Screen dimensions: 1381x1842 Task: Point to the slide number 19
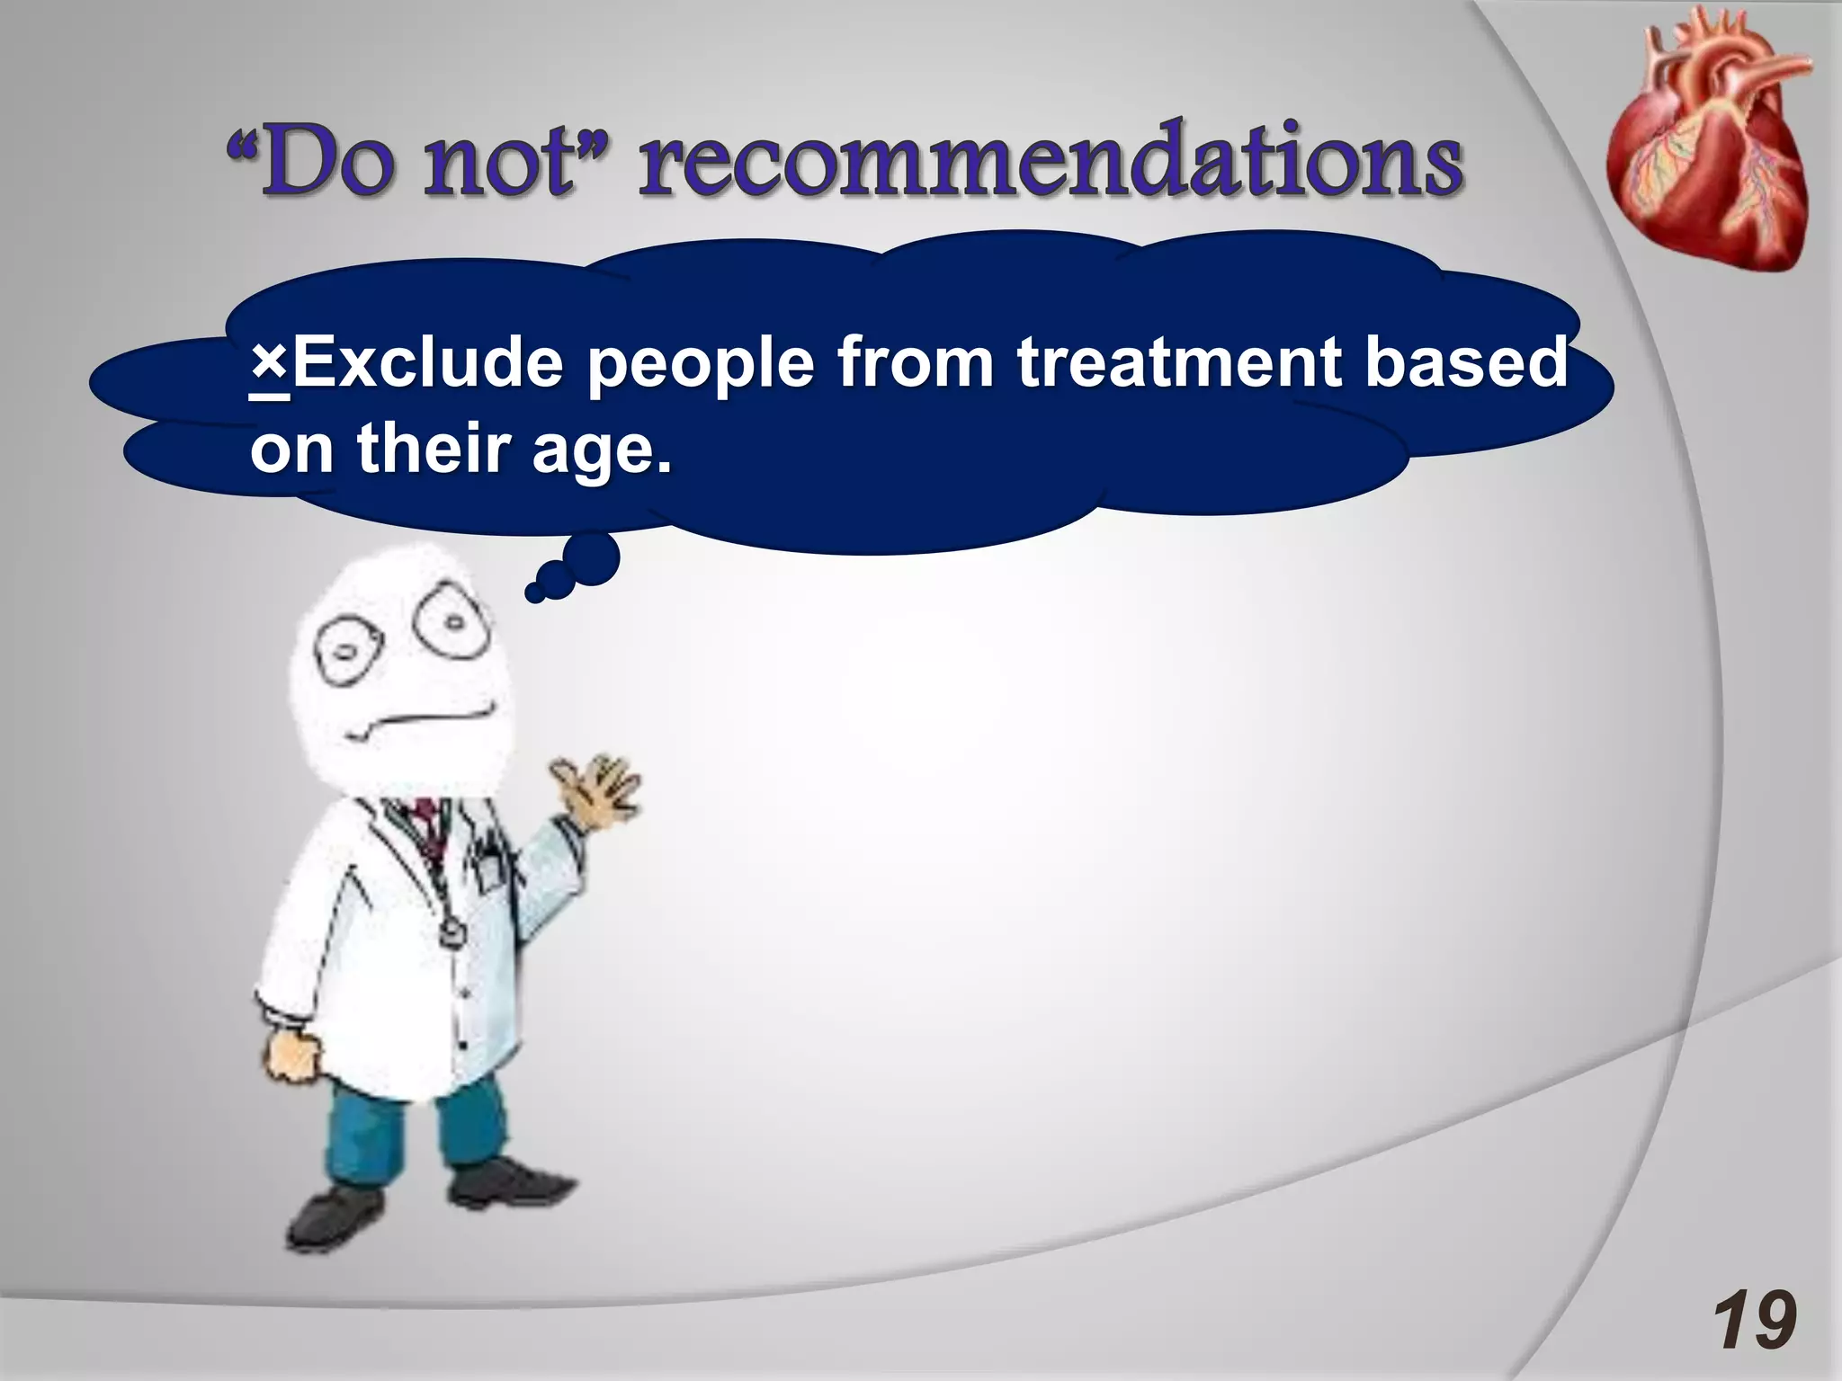coord(1754,1320)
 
